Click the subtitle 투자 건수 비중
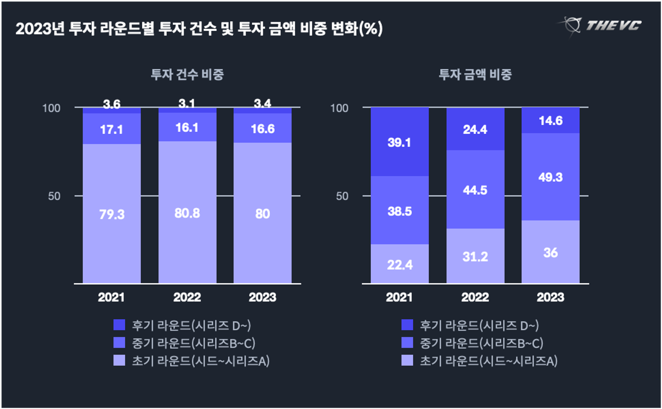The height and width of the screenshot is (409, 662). tap(187, 74)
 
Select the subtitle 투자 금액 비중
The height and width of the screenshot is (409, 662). tap(475, 74)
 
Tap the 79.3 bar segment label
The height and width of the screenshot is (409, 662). tap(112, 214)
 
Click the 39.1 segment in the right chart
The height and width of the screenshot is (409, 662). tap(399, 142)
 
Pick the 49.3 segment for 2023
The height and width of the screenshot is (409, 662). tap(550, 177)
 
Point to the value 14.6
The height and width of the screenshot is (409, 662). tap(550, 120)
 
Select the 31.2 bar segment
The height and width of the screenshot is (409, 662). tap(475, 257)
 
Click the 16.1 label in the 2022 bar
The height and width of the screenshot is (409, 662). tap(187, 128)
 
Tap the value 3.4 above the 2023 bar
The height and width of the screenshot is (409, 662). tap(262, 103)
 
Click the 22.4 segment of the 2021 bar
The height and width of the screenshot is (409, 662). tap(400, 265)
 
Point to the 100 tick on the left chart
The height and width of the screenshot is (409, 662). tap(51, 108)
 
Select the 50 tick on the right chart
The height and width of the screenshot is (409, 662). tap(342, 196)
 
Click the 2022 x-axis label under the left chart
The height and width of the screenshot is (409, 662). tap(187, 297)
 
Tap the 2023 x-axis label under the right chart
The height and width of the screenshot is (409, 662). tap(550, 297)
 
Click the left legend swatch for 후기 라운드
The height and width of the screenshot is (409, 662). tap(119, 325)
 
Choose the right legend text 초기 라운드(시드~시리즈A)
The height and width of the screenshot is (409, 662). tap(489, 361)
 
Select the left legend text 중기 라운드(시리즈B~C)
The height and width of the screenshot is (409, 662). tap(193, 343)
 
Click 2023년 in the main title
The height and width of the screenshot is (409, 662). tap(40, 28)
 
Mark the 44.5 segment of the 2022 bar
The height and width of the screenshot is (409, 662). tap(475, 190)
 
